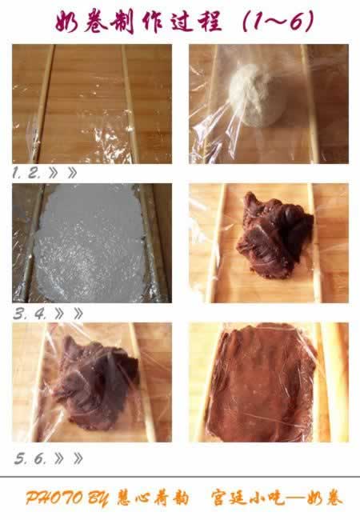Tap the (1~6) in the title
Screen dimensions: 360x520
click(278, 21)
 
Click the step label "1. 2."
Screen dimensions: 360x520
click(27, 173)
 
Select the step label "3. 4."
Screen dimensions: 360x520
click(30, 314)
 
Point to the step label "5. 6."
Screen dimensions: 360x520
click(30, 458)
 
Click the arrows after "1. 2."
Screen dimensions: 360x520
click(62, 173)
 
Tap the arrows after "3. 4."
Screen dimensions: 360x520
click(69, 314)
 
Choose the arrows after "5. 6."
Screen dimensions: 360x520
click(69, 458)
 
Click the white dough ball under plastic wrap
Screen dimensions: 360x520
click(256, 95)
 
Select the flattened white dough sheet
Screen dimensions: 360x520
click(90, 244)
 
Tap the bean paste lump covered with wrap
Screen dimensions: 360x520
click(95, 383)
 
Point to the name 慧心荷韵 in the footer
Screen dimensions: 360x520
click(153, 498)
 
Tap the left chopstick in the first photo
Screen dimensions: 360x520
click(42, 103)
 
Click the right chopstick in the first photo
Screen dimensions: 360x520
click(130, 103)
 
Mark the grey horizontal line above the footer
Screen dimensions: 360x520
click(180, 477)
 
